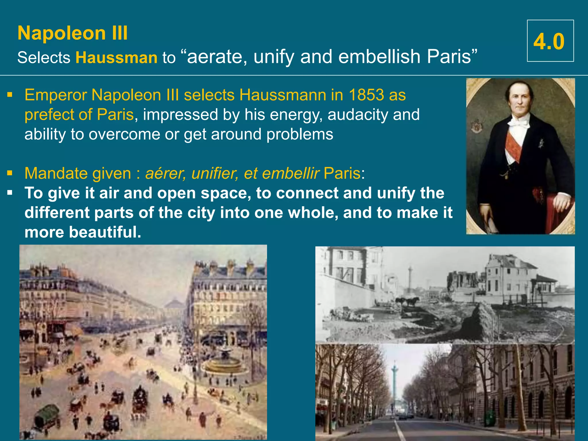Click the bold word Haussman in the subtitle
(x=116, y=57)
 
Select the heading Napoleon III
(x=73, y=33)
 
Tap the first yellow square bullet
(x=10, y=94)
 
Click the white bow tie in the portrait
(x=518, y=123)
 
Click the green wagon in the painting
(x=47, y=415)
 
